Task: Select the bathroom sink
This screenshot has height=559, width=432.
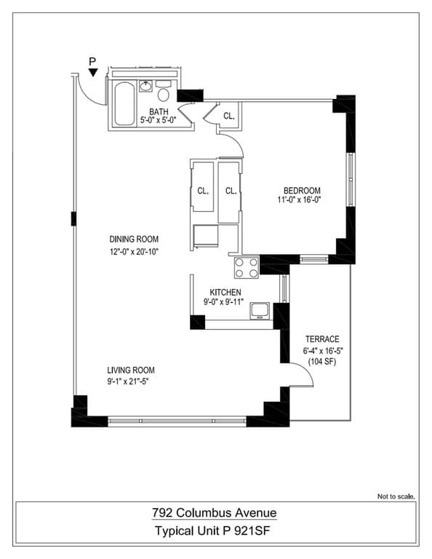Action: tap(145, 87)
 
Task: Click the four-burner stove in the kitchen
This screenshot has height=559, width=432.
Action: tap(247, 268)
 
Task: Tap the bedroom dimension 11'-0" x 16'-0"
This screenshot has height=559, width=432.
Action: tap(299, 200)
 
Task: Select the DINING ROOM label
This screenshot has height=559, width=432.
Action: tap(134, 239)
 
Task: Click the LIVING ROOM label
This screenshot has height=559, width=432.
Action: tap(131, 370)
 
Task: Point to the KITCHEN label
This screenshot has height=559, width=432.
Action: tap(225, 292)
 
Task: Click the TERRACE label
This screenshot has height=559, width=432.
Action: tap(321, 339)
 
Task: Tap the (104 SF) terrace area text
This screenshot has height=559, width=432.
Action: tap(321, 361)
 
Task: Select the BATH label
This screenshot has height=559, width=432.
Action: tap(159, 111)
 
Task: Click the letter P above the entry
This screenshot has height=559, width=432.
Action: tap(92, 61)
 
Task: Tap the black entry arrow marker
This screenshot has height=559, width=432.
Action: tap(92, 71)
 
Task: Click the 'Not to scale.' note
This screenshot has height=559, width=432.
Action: tap(396, 496)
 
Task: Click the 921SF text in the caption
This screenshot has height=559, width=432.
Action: tap(257, 532)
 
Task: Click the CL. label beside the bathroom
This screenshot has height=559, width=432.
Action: tap(229, 116)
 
